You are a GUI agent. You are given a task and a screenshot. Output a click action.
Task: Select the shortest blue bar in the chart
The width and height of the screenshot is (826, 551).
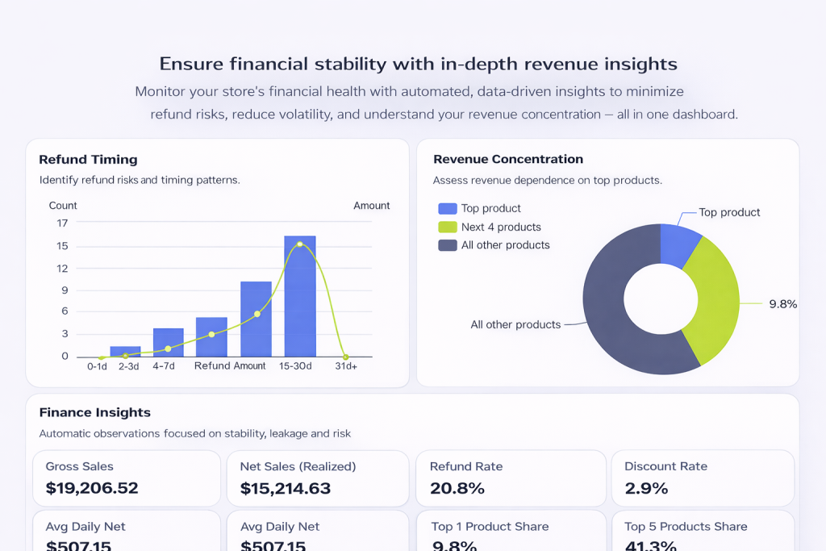click(x=125, y=351)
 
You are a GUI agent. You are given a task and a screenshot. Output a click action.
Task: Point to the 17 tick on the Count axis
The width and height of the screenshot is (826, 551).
click(x=62, y=223)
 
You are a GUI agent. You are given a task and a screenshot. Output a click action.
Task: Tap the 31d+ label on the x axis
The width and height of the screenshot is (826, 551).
click(x=346, y=366)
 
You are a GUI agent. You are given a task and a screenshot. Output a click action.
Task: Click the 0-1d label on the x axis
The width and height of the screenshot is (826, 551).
click(x=97, y=366)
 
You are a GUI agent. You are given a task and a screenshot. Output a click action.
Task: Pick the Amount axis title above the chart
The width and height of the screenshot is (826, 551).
click(x=371, y=206)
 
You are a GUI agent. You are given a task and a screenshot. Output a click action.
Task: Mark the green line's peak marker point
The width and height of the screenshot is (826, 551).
click(x=299, y=244)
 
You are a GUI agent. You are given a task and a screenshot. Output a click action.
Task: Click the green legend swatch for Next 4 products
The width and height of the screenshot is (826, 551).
click(x=447, y=227)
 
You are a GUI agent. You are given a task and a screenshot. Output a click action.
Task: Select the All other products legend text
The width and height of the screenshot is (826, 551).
click(x=505, y=245)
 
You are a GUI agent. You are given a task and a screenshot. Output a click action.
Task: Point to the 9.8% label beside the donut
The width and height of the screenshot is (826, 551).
click(x=782, y=304)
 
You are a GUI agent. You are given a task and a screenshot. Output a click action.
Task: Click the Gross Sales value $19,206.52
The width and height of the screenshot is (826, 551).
click(x=92, y=488)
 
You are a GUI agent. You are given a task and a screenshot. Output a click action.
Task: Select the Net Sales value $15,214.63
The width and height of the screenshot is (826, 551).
click(x=286, y=488)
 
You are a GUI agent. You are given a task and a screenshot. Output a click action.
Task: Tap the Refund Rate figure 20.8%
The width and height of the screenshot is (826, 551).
click(x=457, y=488)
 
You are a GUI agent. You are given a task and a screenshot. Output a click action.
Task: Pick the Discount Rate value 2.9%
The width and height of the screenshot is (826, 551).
click(x=646, y=488)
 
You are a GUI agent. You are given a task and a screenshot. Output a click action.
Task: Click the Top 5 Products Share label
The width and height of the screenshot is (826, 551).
click(x=686, y=526)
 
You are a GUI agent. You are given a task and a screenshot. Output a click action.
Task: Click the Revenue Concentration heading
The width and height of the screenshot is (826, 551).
click(x=507, y=159)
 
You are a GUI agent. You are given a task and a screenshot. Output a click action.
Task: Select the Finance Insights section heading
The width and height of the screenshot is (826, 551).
click(x=94, y=413)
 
